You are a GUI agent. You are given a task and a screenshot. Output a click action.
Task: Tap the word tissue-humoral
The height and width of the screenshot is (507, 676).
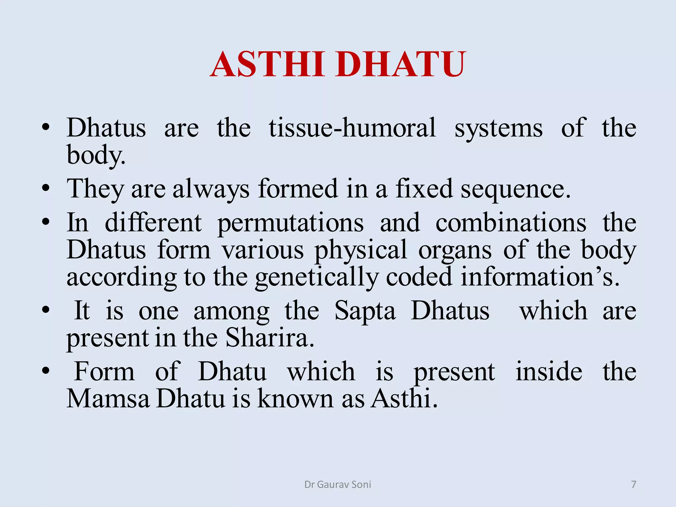pos(352,128)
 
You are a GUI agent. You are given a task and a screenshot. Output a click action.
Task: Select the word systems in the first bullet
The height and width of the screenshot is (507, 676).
pos(498,128)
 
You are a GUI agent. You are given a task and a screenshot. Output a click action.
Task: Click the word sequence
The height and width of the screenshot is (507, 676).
pos(516,189)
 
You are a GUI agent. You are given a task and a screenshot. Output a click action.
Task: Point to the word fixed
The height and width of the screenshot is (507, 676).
pos(424,188)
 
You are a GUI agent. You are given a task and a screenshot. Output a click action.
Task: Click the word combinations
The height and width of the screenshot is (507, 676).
pos(511,223)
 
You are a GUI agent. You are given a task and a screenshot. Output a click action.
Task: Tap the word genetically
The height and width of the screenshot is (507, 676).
pos(316,278)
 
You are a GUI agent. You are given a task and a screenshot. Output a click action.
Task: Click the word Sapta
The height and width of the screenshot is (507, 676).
pos(365,311)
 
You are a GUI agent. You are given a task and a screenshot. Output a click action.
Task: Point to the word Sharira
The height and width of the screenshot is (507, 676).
pos(269,338)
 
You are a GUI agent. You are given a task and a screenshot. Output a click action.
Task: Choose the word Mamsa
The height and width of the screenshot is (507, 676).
pos(108,399)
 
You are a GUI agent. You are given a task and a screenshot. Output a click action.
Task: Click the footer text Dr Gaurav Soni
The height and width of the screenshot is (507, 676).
pos(338,484)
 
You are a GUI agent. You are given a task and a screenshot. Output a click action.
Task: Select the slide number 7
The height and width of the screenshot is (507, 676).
pos(633,484)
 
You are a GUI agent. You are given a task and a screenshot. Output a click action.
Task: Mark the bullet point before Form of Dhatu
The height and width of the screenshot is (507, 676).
pos(46,371)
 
